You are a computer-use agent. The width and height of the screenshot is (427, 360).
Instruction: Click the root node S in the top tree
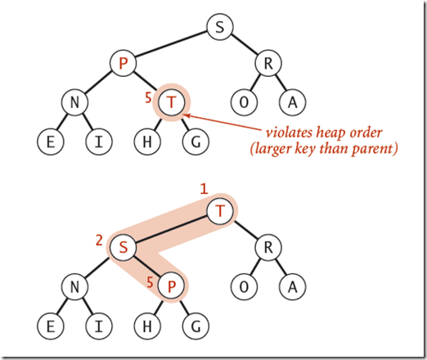coord(218,28)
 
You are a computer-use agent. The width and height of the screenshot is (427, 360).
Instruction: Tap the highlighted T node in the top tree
coord(171,102)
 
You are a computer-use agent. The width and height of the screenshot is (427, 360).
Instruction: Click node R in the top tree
coord(267,64)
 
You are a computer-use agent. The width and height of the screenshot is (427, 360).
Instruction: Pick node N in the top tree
coord(75,102)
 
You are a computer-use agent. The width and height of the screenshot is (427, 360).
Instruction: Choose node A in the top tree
coord(291,102)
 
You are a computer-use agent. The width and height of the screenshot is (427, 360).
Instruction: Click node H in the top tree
coord(147,141)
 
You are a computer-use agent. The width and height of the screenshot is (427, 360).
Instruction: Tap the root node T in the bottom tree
coord(218,211)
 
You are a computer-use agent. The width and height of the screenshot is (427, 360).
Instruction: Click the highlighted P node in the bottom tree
coord(171,286)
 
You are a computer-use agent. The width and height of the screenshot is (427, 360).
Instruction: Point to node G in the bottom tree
coord(195,324)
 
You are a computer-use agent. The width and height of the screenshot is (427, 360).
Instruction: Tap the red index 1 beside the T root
coord(205,189)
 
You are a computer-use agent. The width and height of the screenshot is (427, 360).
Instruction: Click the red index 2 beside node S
coord(100,241)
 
